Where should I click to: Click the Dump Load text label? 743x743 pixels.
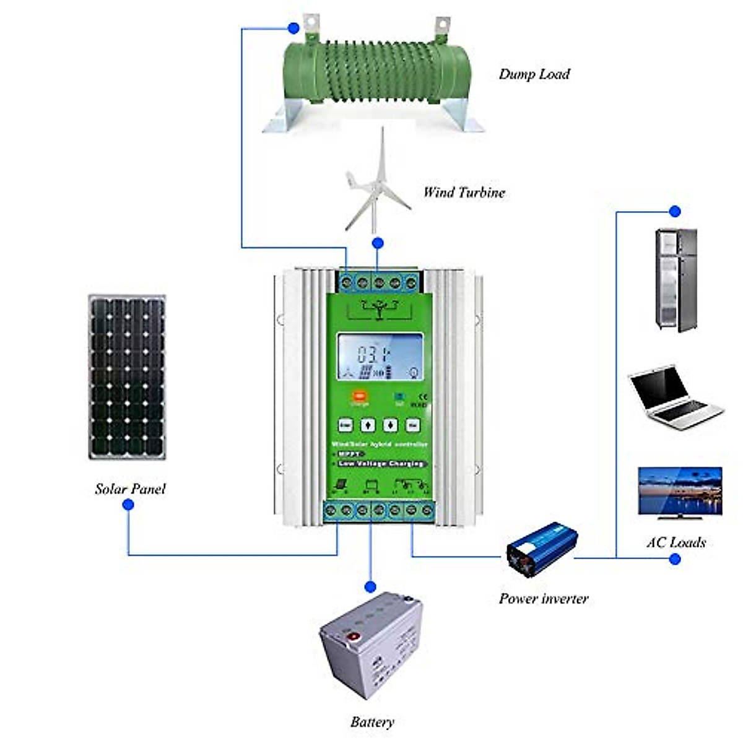click(534, 74)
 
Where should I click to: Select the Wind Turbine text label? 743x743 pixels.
click(464, 193)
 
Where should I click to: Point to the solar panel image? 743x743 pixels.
click(127, 376)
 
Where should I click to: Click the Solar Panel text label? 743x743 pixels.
click(130, 489)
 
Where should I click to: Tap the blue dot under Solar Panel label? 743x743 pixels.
click(128, 505)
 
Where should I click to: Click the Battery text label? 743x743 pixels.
click(371, 722)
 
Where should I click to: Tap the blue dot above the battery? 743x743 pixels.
click(370, 586)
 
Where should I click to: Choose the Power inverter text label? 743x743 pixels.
click(543, 599)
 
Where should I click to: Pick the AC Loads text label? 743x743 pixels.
click(676, 543)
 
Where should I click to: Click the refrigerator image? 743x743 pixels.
click(676, 280)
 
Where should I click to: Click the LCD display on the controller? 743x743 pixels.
click(380, 357)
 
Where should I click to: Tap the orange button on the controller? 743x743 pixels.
click(358, 397)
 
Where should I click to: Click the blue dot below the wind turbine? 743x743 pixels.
click(378, 243)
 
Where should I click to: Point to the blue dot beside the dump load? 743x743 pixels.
click(293, 28)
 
